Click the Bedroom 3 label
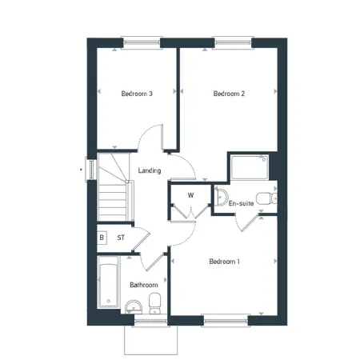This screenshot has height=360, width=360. [137, 94]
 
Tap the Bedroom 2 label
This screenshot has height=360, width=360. [229, 94]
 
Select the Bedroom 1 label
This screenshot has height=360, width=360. [224, 262]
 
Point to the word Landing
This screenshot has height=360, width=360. [150, 170]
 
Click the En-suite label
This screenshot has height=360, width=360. [241, 203]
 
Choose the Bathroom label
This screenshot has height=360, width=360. [144, 285]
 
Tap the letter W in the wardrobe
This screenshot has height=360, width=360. [190, 195]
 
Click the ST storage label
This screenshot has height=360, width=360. [121, 238]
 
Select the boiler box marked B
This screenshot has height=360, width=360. [102, 238]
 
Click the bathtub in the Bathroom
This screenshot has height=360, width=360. [108, 282]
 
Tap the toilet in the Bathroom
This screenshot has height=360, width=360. [154, 303]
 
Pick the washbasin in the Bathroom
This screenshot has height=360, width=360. [134, 307]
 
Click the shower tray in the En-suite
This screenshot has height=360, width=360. [250, 167]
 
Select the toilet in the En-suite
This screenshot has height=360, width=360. [266, 198]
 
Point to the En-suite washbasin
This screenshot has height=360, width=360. [221, 198]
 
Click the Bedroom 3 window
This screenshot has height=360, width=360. [142, 42]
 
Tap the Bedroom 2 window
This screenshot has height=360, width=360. [233, 42]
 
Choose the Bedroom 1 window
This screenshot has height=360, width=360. [226, 321]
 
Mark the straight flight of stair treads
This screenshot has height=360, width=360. [112, 202]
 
